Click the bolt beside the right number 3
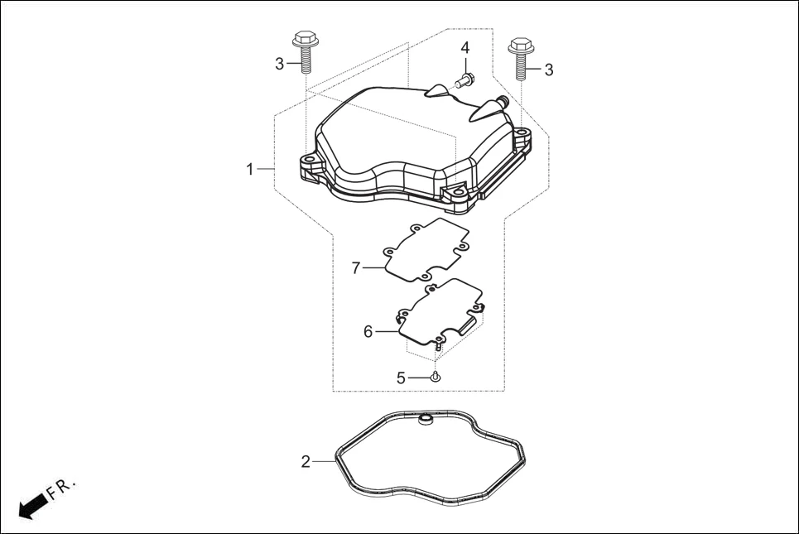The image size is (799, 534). tap(520, 56)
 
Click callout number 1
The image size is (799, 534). tap(249, 169)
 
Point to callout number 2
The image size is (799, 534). tap(306, 461)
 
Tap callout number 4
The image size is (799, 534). tap(465, 47)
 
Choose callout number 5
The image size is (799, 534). tap(401, 378)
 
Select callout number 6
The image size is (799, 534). tap(368, 331)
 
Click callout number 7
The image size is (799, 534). tap(356, 267)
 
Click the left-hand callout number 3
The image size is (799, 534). tap(279, 63)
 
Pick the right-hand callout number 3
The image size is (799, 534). tap(548, 70)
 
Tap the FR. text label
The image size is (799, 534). tap(61, 488)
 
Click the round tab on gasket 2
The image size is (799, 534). tap(426, 421)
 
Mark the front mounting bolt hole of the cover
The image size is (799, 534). tap(454, 194)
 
